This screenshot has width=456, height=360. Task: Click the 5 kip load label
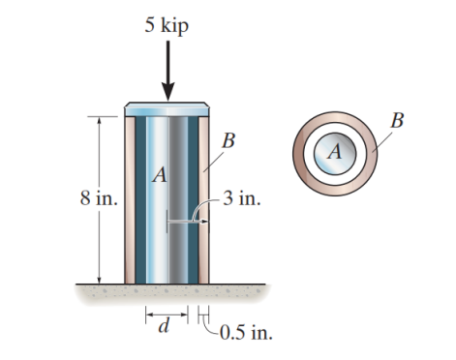(167, 24)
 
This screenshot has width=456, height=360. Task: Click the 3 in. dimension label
(239, 200)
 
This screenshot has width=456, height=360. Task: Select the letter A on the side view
(159, 175)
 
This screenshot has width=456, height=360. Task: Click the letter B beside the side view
(227, 142)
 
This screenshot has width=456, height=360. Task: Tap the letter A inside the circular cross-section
(335, 151)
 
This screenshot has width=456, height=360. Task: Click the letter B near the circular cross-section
(397, 120)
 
